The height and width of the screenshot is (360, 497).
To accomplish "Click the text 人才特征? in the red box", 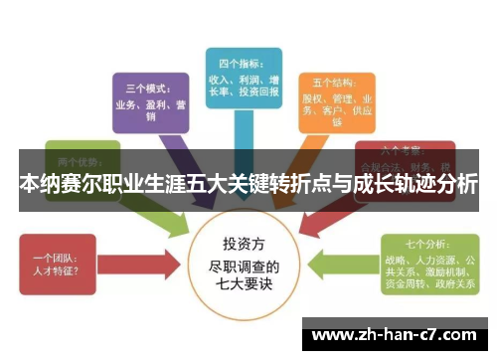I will click(60, 270).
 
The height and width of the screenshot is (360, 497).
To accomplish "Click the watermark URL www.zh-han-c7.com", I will click(399, 334).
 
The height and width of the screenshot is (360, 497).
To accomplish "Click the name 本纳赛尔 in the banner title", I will click(54, 185).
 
